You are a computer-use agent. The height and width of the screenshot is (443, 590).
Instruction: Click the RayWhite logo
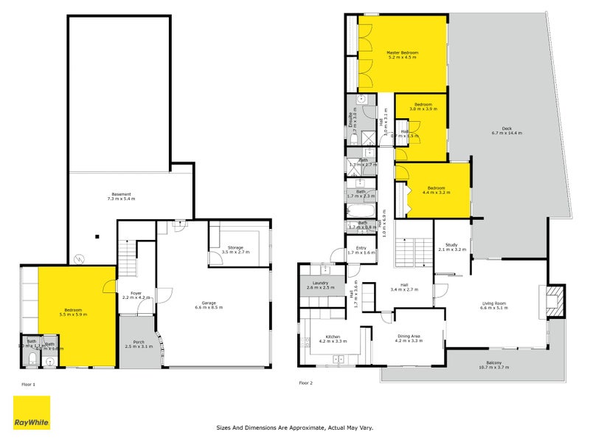coord(32,413)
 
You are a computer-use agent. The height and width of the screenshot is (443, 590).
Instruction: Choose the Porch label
coord(138,343)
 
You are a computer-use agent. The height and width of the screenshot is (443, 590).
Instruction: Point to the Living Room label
coord(496,303)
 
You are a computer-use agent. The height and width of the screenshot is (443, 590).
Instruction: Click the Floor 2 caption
coord(305,383)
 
